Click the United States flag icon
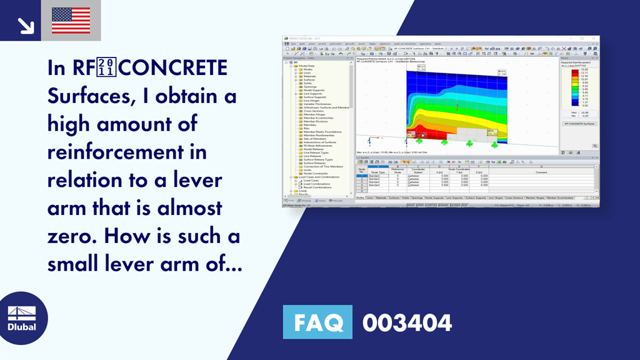pos(71,20)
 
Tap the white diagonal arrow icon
pos(26,25)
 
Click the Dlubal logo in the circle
pos(21,319)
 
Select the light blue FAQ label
pos(318,322)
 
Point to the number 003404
pos(407,322)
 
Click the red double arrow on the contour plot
pos(457,107)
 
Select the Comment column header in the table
pos(541,172)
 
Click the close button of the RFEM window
pos(596,39)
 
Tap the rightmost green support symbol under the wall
pos(494,144)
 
